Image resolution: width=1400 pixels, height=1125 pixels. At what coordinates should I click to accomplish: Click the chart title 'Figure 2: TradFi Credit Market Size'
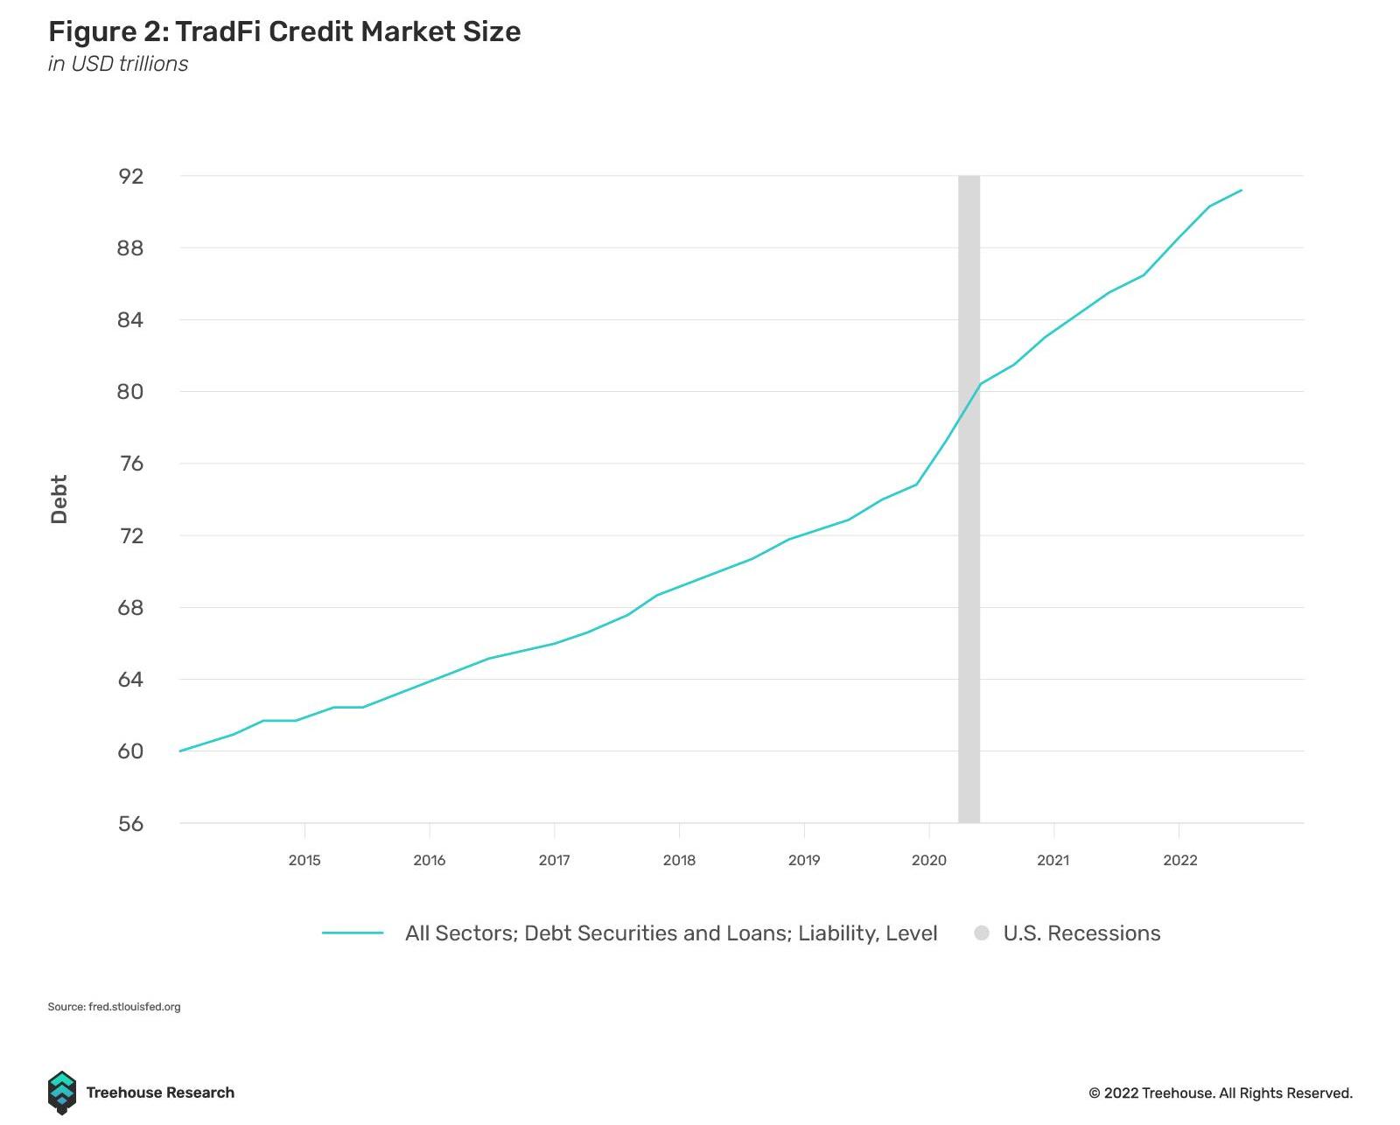tap(284, 31)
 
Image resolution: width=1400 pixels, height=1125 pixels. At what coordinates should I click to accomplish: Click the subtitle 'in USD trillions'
tap(118, 64)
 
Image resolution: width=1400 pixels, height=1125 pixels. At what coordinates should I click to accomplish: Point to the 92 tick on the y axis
tap(131, 176)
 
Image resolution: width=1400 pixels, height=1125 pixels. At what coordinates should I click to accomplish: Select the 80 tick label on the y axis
tap(130, 392)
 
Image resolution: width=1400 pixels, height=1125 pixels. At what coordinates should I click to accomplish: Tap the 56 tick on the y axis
tap(131, 823)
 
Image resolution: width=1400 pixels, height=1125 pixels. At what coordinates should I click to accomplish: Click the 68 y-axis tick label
tap(130, 607)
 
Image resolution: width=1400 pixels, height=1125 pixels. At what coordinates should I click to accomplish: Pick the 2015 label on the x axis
tap(304, 860)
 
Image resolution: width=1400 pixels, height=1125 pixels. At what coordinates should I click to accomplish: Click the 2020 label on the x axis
tap(929, 860)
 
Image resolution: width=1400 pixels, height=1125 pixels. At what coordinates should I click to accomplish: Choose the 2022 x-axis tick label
tap(1179, 860)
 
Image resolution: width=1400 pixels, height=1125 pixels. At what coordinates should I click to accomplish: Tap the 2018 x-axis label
tap(679, 860)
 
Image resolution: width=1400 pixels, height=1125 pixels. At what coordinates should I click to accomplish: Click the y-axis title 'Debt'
tap(59, 499)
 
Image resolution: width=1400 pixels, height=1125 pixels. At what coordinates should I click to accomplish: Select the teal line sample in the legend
tap(353, 933)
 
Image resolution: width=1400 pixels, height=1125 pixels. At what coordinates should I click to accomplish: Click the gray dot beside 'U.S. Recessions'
tap(982, 933)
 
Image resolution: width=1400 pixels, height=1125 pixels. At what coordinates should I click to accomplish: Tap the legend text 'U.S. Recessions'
tap(1081, 933)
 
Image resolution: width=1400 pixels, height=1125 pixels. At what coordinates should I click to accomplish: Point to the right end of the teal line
tap(1241, 191)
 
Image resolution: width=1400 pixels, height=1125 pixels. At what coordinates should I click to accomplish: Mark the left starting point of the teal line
tap(180, 751)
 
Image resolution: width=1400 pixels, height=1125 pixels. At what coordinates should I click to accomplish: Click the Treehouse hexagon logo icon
tap(61, 1092)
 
